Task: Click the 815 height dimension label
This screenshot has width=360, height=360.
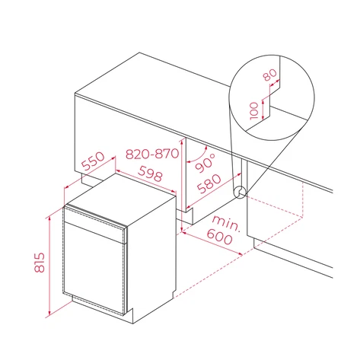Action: (x=40, y=263)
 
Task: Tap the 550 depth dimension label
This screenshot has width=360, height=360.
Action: (x=93, y=161)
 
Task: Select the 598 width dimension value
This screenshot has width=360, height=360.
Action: (x=151, y=174)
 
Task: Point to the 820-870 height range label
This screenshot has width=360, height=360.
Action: (x=152, y=154)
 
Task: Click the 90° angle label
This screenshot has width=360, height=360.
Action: (x=206, y=163)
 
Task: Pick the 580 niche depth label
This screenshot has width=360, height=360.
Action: (x=209, y=183)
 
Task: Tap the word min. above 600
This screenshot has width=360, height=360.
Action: (x=226, y=223)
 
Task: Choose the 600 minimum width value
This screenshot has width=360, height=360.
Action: (x=219, y=237)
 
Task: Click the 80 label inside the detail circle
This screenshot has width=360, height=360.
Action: (x=269, y=75)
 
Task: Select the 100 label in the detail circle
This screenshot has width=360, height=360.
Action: (x=254, y=111)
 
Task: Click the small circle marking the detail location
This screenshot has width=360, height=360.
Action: (x=240, y=193)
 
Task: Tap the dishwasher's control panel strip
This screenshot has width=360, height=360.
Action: (x=94, y=223)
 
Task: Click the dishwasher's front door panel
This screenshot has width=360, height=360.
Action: (x=94, y=269)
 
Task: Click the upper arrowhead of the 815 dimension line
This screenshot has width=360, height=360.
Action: (x=49, y=218)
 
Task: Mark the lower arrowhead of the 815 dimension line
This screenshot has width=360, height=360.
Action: (x=49, y=312)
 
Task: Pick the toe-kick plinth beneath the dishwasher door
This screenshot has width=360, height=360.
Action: (x=101, y=306)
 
